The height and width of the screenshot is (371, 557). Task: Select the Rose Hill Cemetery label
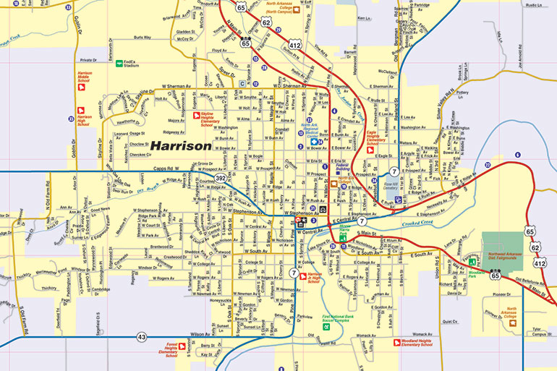(x=393, y=187)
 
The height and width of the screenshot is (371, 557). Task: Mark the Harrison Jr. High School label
(x=314, y=278)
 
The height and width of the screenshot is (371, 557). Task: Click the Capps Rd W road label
(x=169, y=169)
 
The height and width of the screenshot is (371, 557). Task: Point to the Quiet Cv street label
(x=451, y=319)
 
